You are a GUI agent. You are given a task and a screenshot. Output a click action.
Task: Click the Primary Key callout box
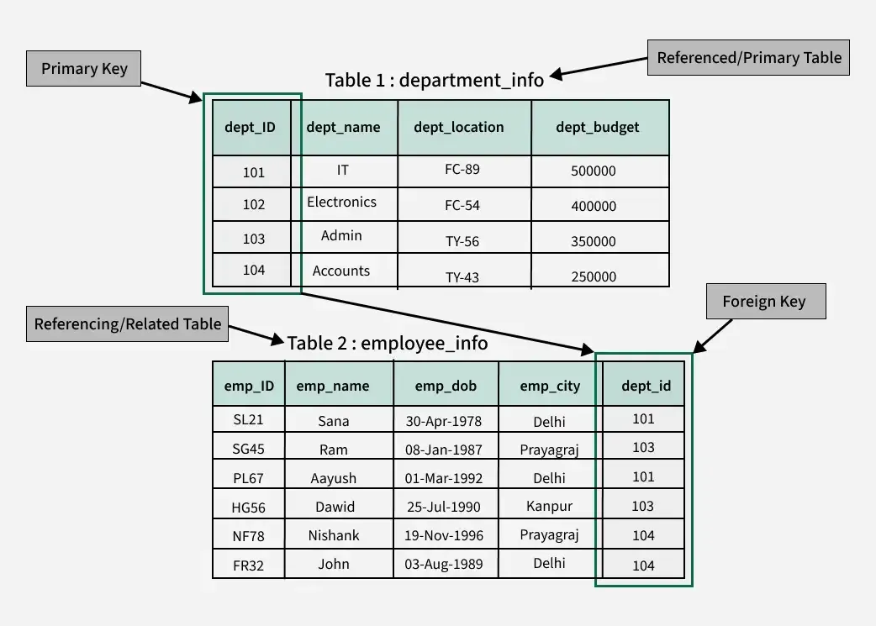point(84,68)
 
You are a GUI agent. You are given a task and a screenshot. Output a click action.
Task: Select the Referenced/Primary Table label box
point(748,58)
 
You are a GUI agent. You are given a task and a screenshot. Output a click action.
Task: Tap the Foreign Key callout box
point(763,302)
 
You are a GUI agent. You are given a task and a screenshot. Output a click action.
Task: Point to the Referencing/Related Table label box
point(127,324)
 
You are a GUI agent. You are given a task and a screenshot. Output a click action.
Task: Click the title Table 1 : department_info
point(434,80)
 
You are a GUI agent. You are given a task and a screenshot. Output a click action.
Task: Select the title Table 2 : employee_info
point(387,343)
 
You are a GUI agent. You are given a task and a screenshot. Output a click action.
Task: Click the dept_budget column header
point(598,128)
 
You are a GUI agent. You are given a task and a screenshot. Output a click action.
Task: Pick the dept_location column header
point(459,128)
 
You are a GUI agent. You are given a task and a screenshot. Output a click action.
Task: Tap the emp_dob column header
point(446,386)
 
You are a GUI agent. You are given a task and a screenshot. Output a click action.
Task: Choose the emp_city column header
point(550,386)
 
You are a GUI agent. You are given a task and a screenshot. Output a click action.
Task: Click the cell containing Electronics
point(341,203)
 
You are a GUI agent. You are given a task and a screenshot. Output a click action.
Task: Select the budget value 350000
point(594,241)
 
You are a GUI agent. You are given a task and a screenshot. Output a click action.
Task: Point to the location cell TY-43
point(462,276)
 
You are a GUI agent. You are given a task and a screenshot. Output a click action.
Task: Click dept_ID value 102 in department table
point(253,205)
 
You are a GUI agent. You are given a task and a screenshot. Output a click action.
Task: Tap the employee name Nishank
point(334,535)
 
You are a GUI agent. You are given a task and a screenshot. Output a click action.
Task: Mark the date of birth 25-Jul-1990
point(444,507)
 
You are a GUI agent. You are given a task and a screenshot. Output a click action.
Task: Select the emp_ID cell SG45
point(248,450)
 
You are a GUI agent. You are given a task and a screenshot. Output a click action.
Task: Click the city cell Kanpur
point(549,506)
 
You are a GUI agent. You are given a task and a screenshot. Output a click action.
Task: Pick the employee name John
point(334,564)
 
